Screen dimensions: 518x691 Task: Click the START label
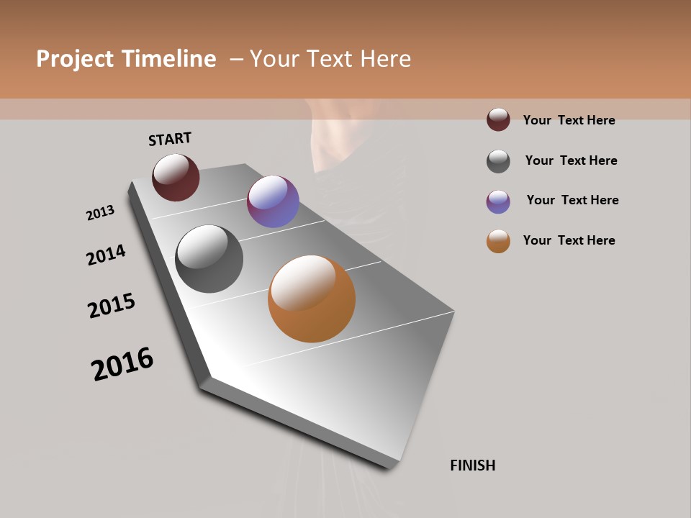[170, 139]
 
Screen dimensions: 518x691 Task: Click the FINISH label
[473, 465]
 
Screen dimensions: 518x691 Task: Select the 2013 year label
[100, 213]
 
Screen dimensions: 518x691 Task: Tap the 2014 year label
[106, 255]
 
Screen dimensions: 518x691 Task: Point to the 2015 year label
[112, 306]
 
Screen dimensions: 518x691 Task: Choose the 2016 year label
[122, 363]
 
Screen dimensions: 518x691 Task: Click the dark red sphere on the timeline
[176, 177]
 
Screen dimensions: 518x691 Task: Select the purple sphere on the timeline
[273, 201]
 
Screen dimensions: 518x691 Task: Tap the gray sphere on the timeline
[209, 259]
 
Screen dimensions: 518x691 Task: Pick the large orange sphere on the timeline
[312, 299]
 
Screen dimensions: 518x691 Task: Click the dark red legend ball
[498, 119]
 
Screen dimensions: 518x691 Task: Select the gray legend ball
[498, 161]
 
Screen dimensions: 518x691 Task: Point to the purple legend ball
[498, 201]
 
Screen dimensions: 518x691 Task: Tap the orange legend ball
[498, 241]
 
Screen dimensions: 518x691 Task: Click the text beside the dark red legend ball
[569, 120]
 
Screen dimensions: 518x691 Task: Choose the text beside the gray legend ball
[571, 160]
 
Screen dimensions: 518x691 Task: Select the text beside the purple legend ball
[572, 200]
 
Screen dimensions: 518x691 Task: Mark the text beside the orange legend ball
[569, 240]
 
